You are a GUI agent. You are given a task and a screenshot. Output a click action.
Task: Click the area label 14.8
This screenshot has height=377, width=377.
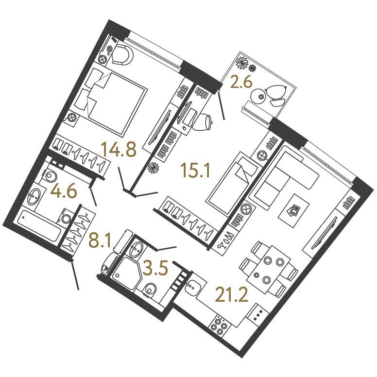point(119,149)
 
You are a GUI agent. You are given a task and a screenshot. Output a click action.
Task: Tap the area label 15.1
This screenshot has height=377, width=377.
point(196,170)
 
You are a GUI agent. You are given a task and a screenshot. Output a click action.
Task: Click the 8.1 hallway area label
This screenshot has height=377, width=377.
point(100,240)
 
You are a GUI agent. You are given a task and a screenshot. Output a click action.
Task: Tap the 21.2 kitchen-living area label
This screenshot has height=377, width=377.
point(232,295)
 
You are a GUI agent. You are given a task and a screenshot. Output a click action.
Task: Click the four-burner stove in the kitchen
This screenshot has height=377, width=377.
point(219,326)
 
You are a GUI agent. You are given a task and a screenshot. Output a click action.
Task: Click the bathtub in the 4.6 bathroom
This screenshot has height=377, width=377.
point(38,225)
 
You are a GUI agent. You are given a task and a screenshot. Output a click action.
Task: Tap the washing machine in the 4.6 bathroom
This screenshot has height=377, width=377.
point(66,216)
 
